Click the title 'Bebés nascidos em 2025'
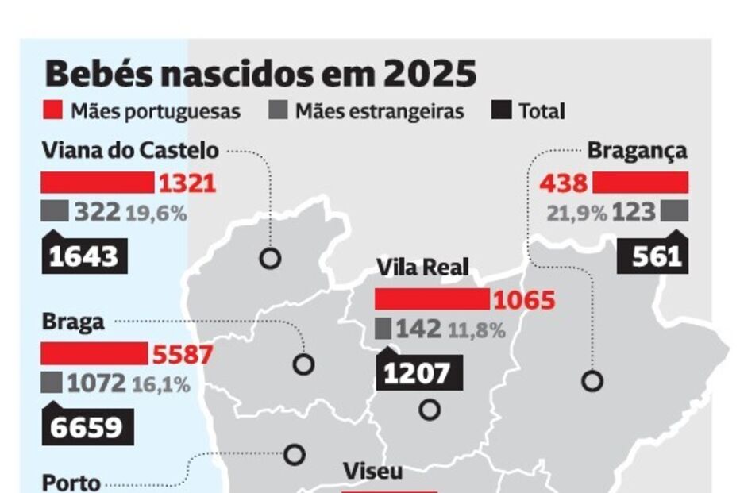click(260, 74)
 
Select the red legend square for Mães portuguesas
click(53, 110)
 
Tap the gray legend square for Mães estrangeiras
click(278, 110)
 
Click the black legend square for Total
click(501, 110)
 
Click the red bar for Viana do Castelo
click(98, 183)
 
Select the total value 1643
click(83, 256)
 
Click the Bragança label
click(637, 150)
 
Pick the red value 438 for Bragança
click(563, 183)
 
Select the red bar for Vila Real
click(432, 299)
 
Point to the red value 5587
click(181, 353)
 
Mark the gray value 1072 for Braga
click(96, 383)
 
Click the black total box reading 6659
click(87, 427)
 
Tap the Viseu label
click(372, 471)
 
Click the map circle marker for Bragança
click(592, 381)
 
